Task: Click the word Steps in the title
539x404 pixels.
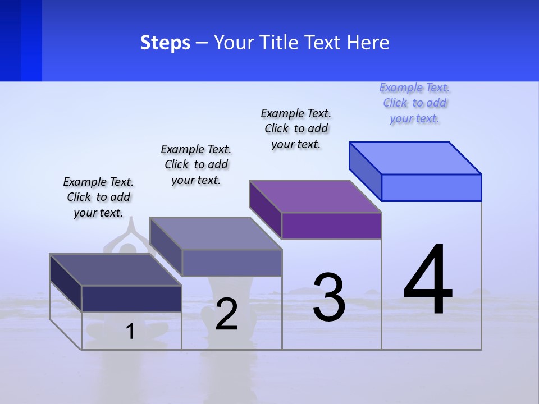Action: coord(165,43)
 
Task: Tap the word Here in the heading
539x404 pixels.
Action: coord(368,43)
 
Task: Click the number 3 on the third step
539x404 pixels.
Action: coord(329,297)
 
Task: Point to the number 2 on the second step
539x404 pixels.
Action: coord(226,314)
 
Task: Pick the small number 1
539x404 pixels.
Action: coord(130,331)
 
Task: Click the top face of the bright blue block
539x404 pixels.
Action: coord(415,158)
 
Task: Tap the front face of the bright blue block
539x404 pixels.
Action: coord(431,187)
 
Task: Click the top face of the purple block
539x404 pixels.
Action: coord(316,196)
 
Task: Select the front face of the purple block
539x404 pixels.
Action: coord(331,226)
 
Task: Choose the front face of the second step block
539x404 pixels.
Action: coord(232,263)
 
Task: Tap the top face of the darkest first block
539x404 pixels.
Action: coord(116,270)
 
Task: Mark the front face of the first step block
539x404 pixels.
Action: coord(131,299)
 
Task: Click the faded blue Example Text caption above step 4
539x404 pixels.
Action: coord(414,103)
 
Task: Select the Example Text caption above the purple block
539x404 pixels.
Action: coord(296,128)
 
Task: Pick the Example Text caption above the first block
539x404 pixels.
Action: coord(98,197)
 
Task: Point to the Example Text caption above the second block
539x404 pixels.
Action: coord(196,164)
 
